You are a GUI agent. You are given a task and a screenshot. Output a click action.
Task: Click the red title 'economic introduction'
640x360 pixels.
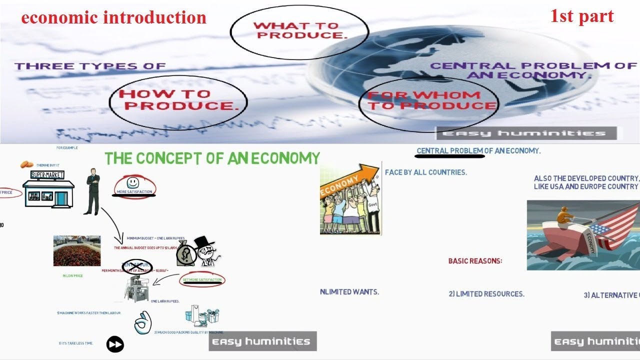tap(113, 18)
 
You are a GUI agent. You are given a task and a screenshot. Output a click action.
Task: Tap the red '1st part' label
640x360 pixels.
tap(581, 16)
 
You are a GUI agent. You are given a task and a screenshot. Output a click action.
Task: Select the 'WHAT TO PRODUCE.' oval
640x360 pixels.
tap(299, 31)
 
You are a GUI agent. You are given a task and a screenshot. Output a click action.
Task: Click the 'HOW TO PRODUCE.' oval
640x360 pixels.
tap(178, 100)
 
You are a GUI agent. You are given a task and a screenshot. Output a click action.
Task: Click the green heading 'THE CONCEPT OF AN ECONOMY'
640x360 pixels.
tap(212, 158)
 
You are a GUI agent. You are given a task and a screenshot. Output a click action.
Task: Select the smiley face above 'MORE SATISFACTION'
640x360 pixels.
tap(133, 182)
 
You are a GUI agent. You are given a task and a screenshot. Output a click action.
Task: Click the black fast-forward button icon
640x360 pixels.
tap(115, 344)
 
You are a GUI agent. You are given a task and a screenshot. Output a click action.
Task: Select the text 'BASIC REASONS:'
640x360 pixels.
tap(475, 261)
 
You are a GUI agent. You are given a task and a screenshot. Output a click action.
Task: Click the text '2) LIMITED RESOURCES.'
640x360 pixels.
tap(486, 294)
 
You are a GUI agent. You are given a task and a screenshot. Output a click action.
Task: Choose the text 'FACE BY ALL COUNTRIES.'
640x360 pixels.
tap(426, 172)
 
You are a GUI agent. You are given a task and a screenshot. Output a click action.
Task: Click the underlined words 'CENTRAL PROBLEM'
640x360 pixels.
tap(450, 151)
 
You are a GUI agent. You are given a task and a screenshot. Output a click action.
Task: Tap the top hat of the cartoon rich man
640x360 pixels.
tap(204, 242)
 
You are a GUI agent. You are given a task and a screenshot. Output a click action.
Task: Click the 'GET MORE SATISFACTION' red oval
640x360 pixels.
tap(202, 280)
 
